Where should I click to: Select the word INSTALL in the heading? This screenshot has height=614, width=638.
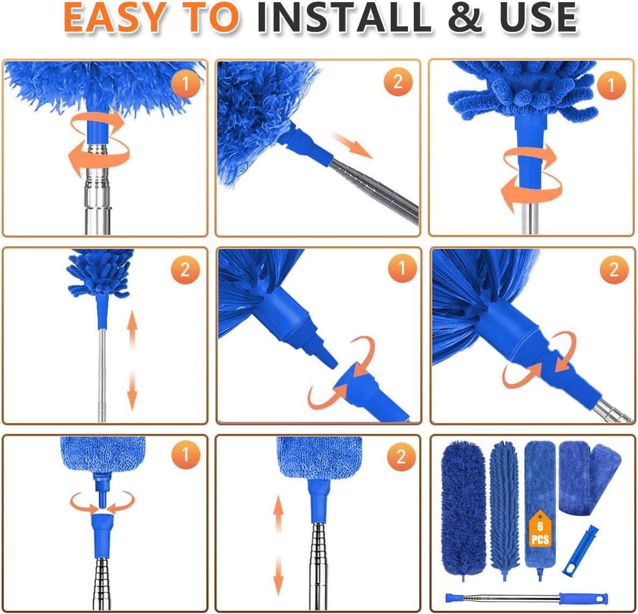(x=344, y=17)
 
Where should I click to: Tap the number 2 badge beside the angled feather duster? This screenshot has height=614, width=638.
(x=398, y=82)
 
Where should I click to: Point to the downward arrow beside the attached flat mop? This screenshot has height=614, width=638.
(x=278, y=575)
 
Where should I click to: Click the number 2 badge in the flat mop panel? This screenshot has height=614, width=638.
(x=401, y=457)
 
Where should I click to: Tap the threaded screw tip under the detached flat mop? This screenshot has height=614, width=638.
(x=102, y=487)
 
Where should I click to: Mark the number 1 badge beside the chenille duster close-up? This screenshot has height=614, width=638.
(x=611, y=85)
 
